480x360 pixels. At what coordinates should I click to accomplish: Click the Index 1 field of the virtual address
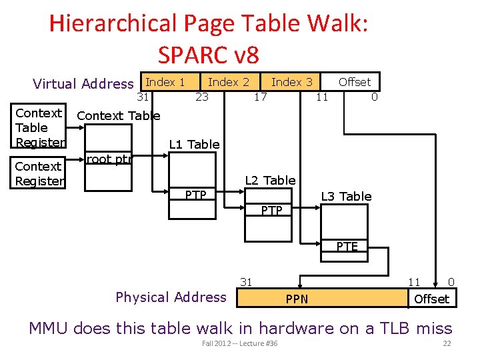[165, 82]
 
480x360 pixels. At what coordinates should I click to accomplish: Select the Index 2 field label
[229, 82]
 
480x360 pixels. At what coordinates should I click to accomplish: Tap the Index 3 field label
[291, 82]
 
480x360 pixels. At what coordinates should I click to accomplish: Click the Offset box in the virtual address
[354, 82]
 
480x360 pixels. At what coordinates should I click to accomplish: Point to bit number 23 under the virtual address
[201, 97]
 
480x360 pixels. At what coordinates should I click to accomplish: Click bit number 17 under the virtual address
[261, 97]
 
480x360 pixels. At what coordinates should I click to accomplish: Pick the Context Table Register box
[40, 127]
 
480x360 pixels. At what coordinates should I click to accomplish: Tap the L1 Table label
[194, 144]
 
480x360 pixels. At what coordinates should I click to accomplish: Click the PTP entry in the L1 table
[195, 195]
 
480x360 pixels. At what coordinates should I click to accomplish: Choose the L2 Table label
[270, 180]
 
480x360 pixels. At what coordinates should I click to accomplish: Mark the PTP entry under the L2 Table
[271, 211]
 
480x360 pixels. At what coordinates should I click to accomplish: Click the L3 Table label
[346, 196]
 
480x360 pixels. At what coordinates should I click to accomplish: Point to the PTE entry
[347, 247]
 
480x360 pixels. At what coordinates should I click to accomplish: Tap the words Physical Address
[171, 297]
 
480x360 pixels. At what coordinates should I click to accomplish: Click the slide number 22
[447, 343]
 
